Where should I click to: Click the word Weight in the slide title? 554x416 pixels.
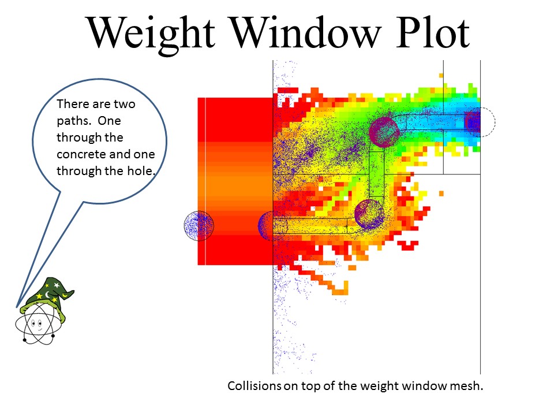[x=151, y=34]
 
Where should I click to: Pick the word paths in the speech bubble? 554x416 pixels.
[x=74, y=121]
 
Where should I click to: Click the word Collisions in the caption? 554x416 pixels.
[x=254, y=385]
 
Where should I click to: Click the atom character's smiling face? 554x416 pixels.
[x=37, y=324]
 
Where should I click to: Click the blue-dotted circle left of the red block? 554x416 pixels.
[x=199, y=226]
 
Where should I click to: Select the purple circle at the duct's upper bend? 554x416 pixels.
[x=384, y=132]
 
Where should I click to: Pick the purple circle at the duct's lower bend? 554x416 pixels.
[x=369, y=214]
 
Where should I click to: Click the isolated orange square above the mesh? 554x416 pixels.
[x=441, y=75]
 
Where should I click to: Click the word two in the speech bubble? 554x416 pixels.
[x=125, y=104]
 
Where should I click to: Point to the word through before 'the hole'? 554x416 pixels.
[x=77, y=171]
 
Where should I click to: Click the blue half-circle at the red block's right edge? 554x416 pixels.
[x=265, y=226]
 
